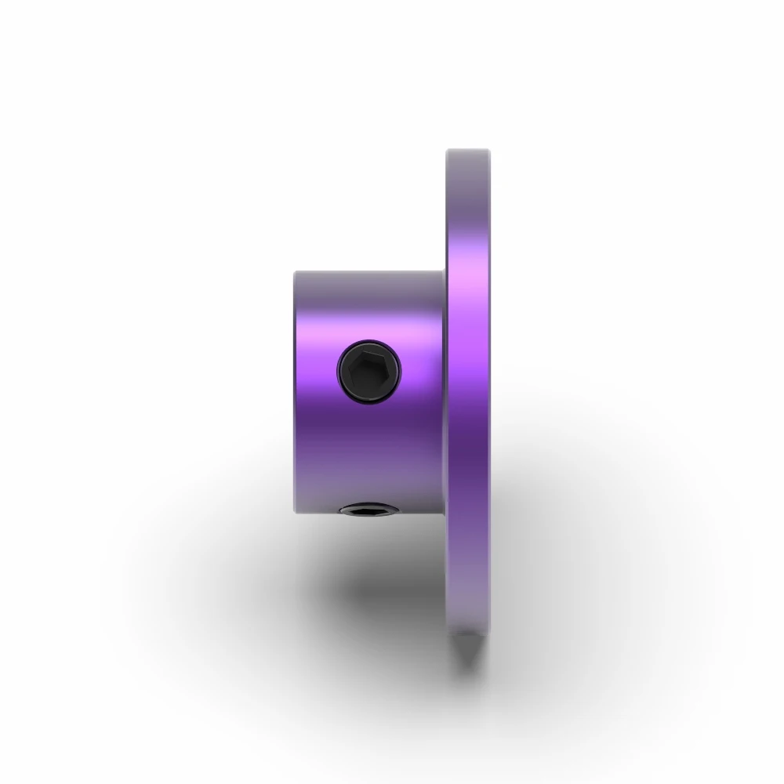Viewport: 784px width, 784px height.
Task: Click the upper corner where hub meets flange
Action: [x=445, y=271]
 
